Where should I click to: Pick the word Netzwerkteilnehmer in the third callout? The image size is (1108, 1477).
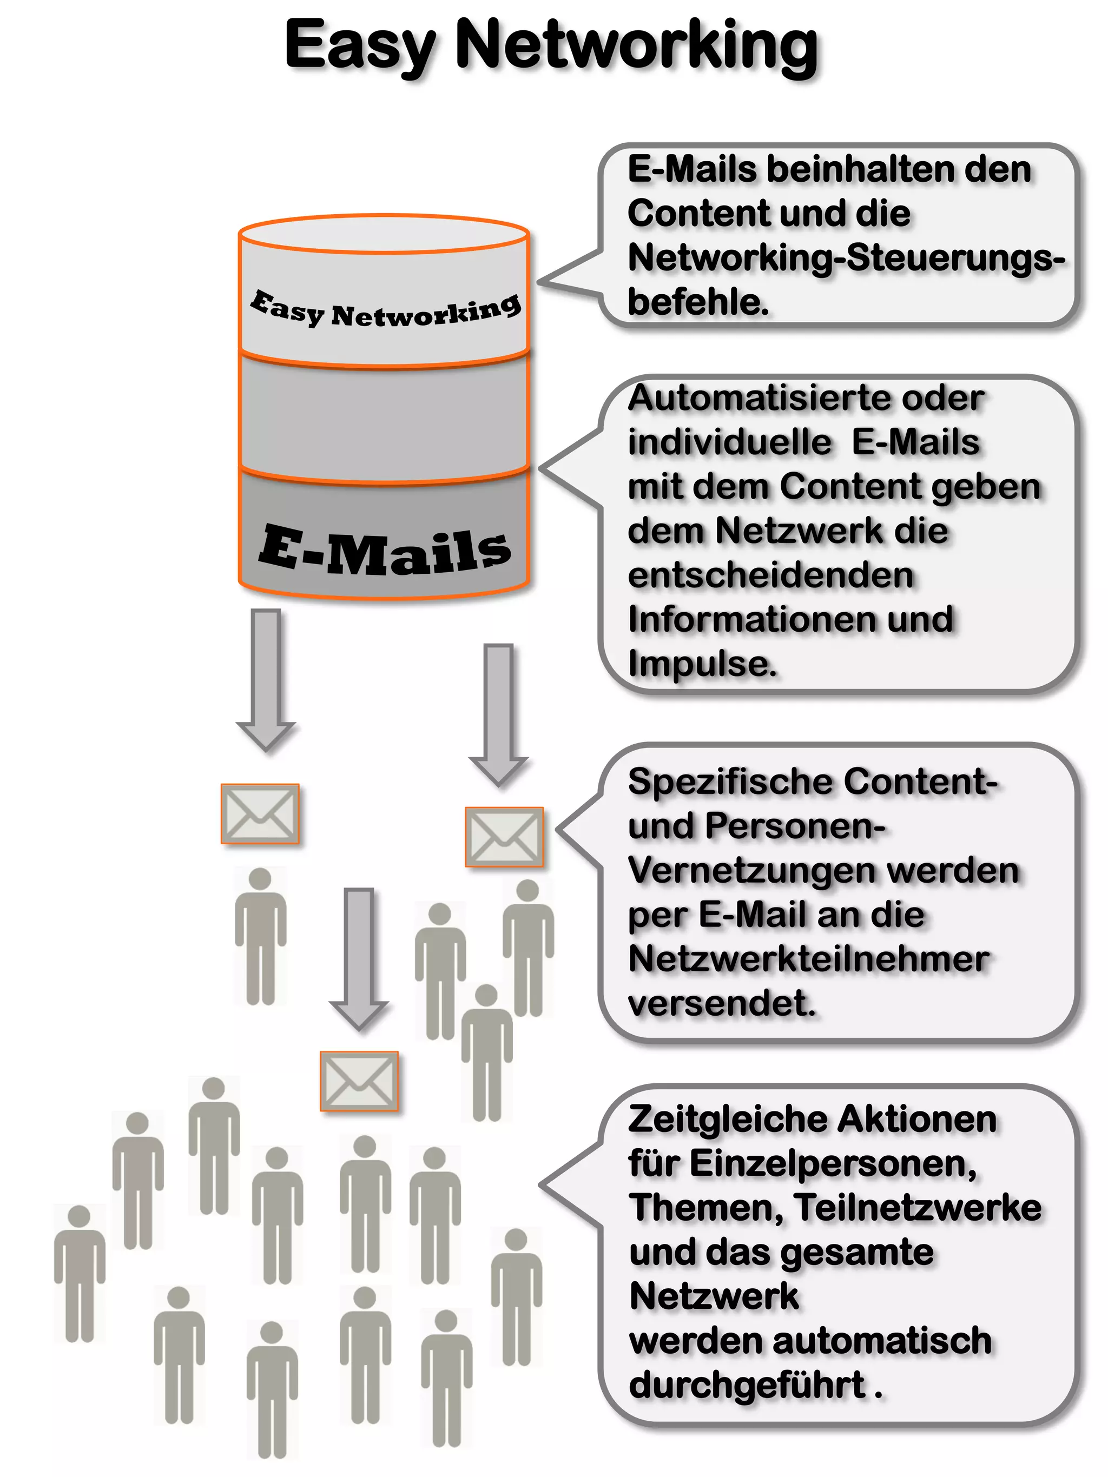808,959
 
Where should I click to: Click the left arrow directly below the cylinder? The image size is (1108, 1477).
266,678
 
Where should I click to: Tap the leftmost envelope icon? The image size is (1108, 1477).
260,813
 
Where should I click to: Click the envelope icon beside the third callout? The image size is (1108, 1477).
504,837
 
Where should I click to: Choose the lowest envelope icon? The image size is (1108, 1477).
359,1081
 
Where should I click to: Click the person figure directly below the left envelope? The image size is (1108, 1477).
260,935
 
